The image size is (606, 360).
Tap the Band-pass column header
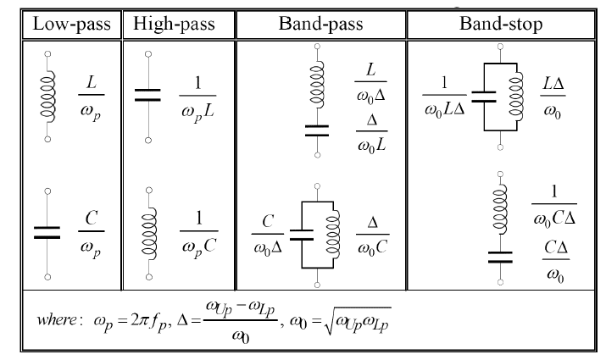coord(321,23)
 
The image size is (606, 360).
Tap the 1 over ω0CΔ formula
coord(553,203)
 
